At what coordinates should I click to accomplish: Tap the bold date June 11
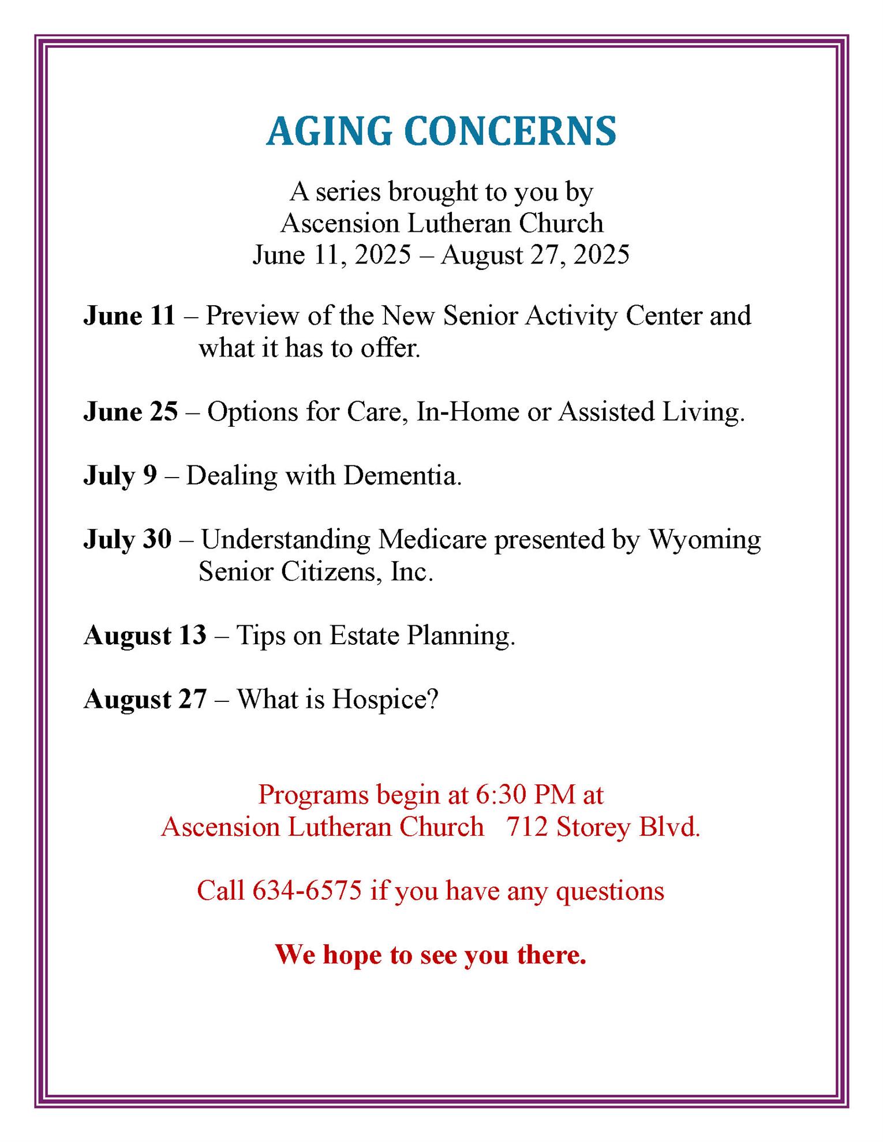pyautogui.click(x=129, y=315)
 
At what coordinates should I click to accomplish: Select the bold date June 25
pyautogui.click(x=130, y=412)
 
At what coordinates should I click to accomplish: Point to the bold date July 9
pyautogui.click(x=120, y=476)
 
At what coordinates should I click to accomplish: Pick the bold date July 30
pyautogui.click(x=128, y=539)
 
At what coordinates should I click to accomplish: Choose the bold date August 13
pyautogui.click(x=145, y=636)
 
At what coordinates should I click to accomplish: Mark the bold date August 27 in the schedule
pyautogui.click(x=145, y=699)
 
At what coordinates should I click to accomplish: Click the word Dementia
pyautogui.click(x=402, y=476)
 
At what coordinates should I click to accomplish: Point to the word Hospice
pyautogui.click(x=385, y=700)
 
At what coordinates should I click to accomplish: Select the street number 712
pyautogui.click(x=527, y=827)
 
